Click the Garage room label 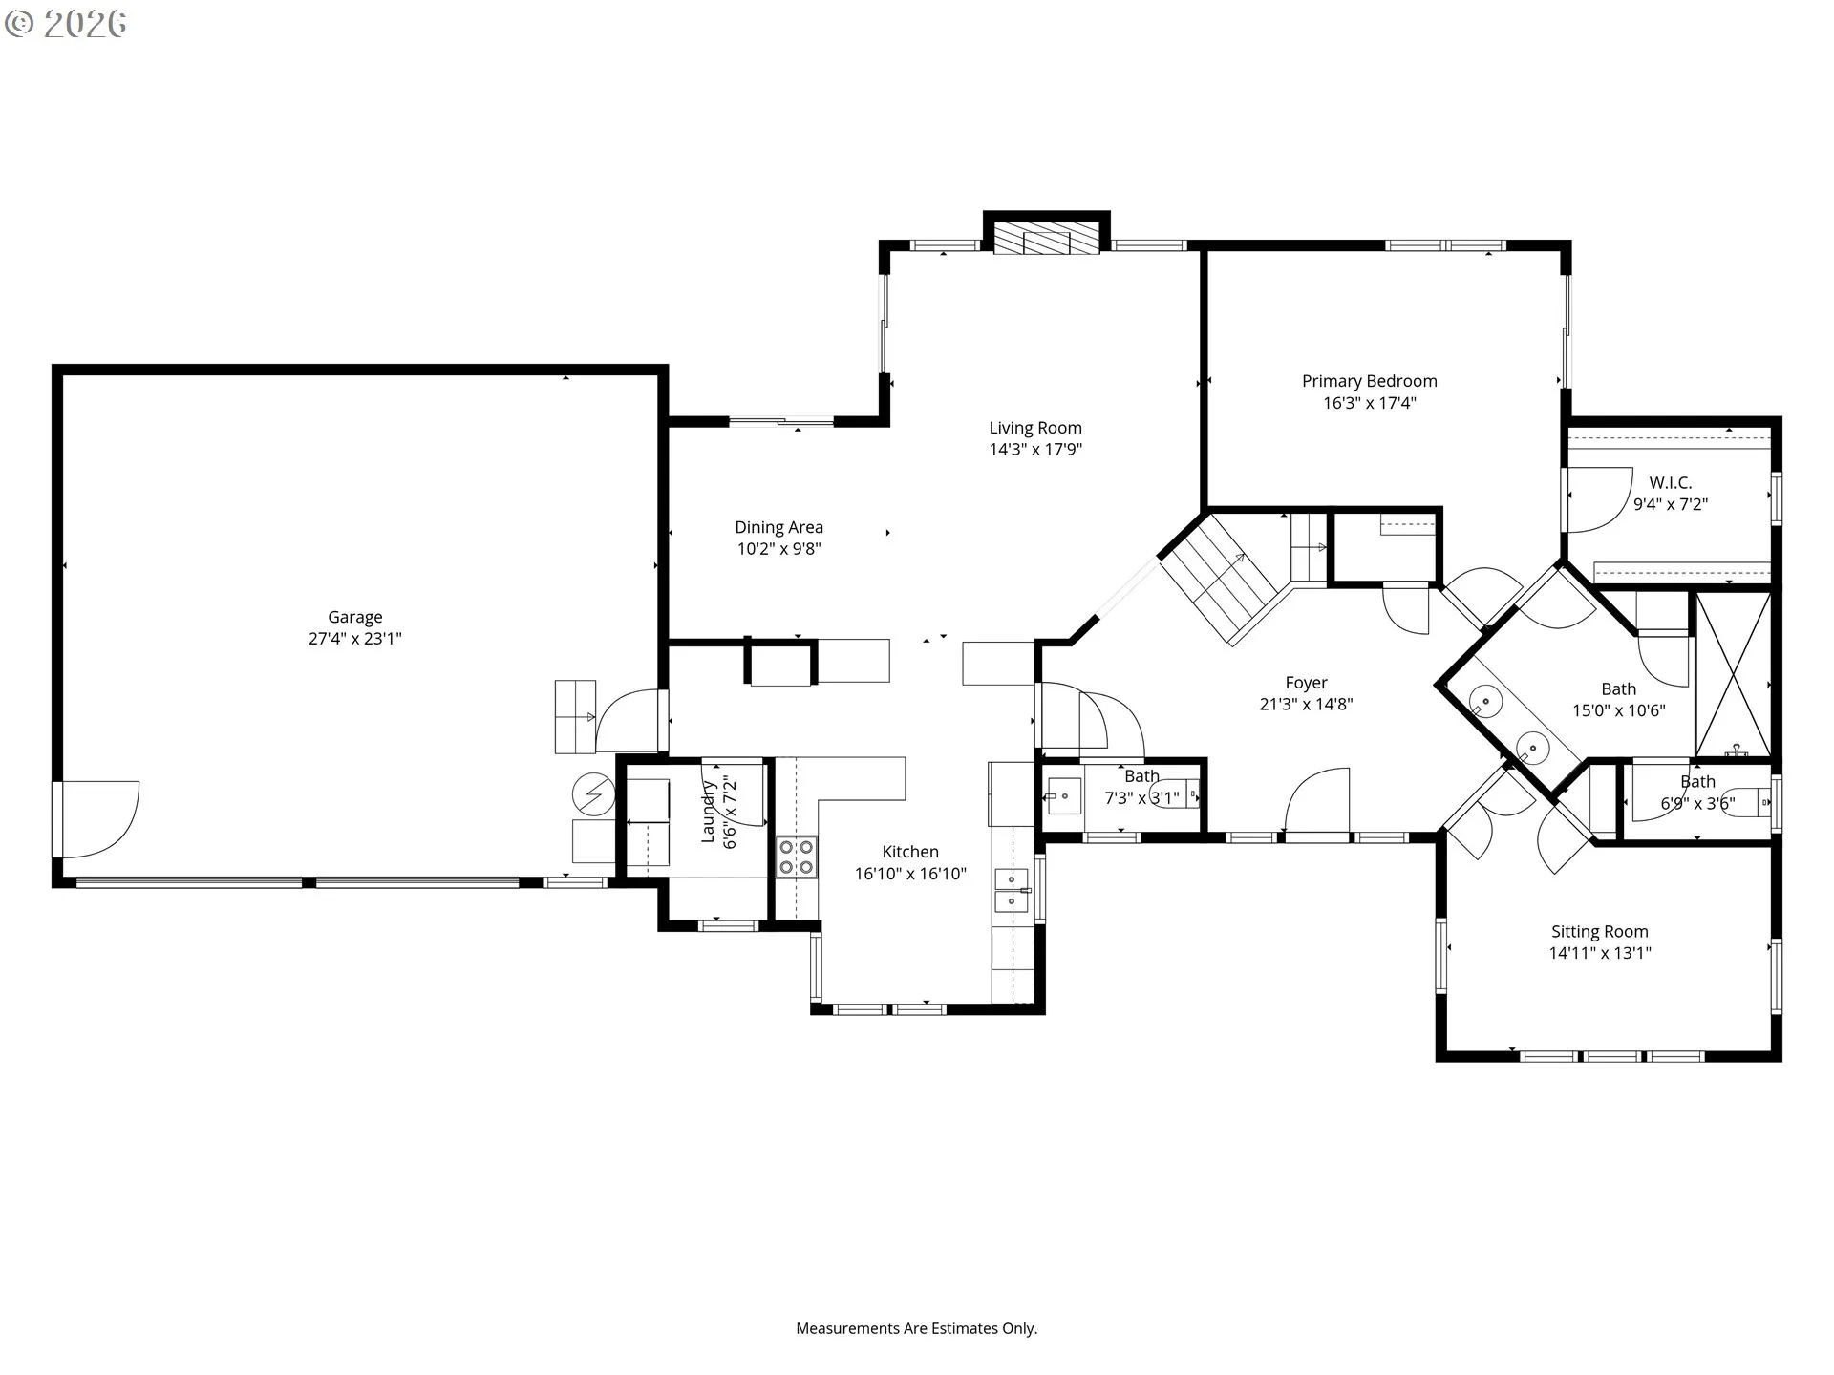pyautogui.click(x=355, y=618)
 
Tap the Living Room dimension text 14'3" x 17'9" pyautogui.click(x=1035, y=450)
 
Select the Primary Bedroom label pyautogui.click(x=1370, y=381)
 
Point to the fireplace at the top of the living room pyautogui.click(x=1046, y=239)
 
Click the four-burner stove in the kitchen pyautogui.click(x=796, y=856)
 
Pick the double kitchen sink pyautogui.click(x=1012, y=890)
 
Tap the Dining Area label pyautogui.click(x=778, y=527)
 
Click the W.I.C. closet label pyautogui.click(x=1671, y=483)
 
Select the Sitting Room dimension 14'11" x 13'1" pyautogui.click(x=1600, y=953)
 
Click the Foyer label pyautogui.click(x=1306, y=683)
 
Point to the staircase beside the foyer pyautogui.click(x=1219, y=579)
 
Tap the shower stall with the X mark pyautogui.click(x=1733, y=674)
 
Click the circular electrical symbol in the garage pyautogui.click(x=593, y=793)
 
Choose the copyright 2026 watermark pyautogui.click(x=66, y=24)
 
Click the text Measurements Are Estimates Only pyautogui.click(x=917, y=1328)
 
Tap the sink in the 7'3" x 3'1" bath pyautogui.click(x=1064, y=795)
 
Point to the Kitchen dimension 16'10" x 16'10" pyautogui.click(x=910, y=874)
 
